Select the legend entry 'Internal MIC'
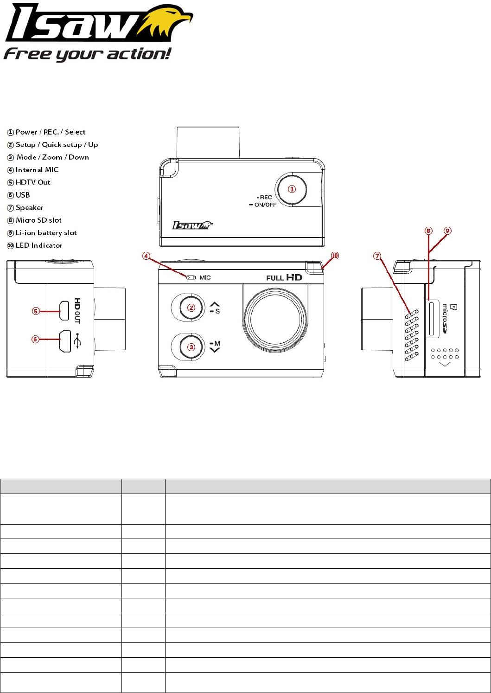pyautogui.click(x=37, y=170)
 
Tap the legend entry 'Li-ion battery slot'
pyautogui.click(x=46, y=233)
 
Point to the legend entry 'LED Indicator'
pyautogui.click(x=39, y=245)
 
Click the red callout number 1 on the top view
pyautogui.click(x=292, y=189)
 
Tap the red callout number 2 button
pyautogui.click(x=191, y=308)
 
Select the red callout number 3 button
pyautogui.click(x=191, y=347)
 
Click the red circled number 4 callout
pyautogui.click(x=146, y=256)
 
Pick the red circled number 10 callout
pyautogui.click(x=335, y=256)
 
